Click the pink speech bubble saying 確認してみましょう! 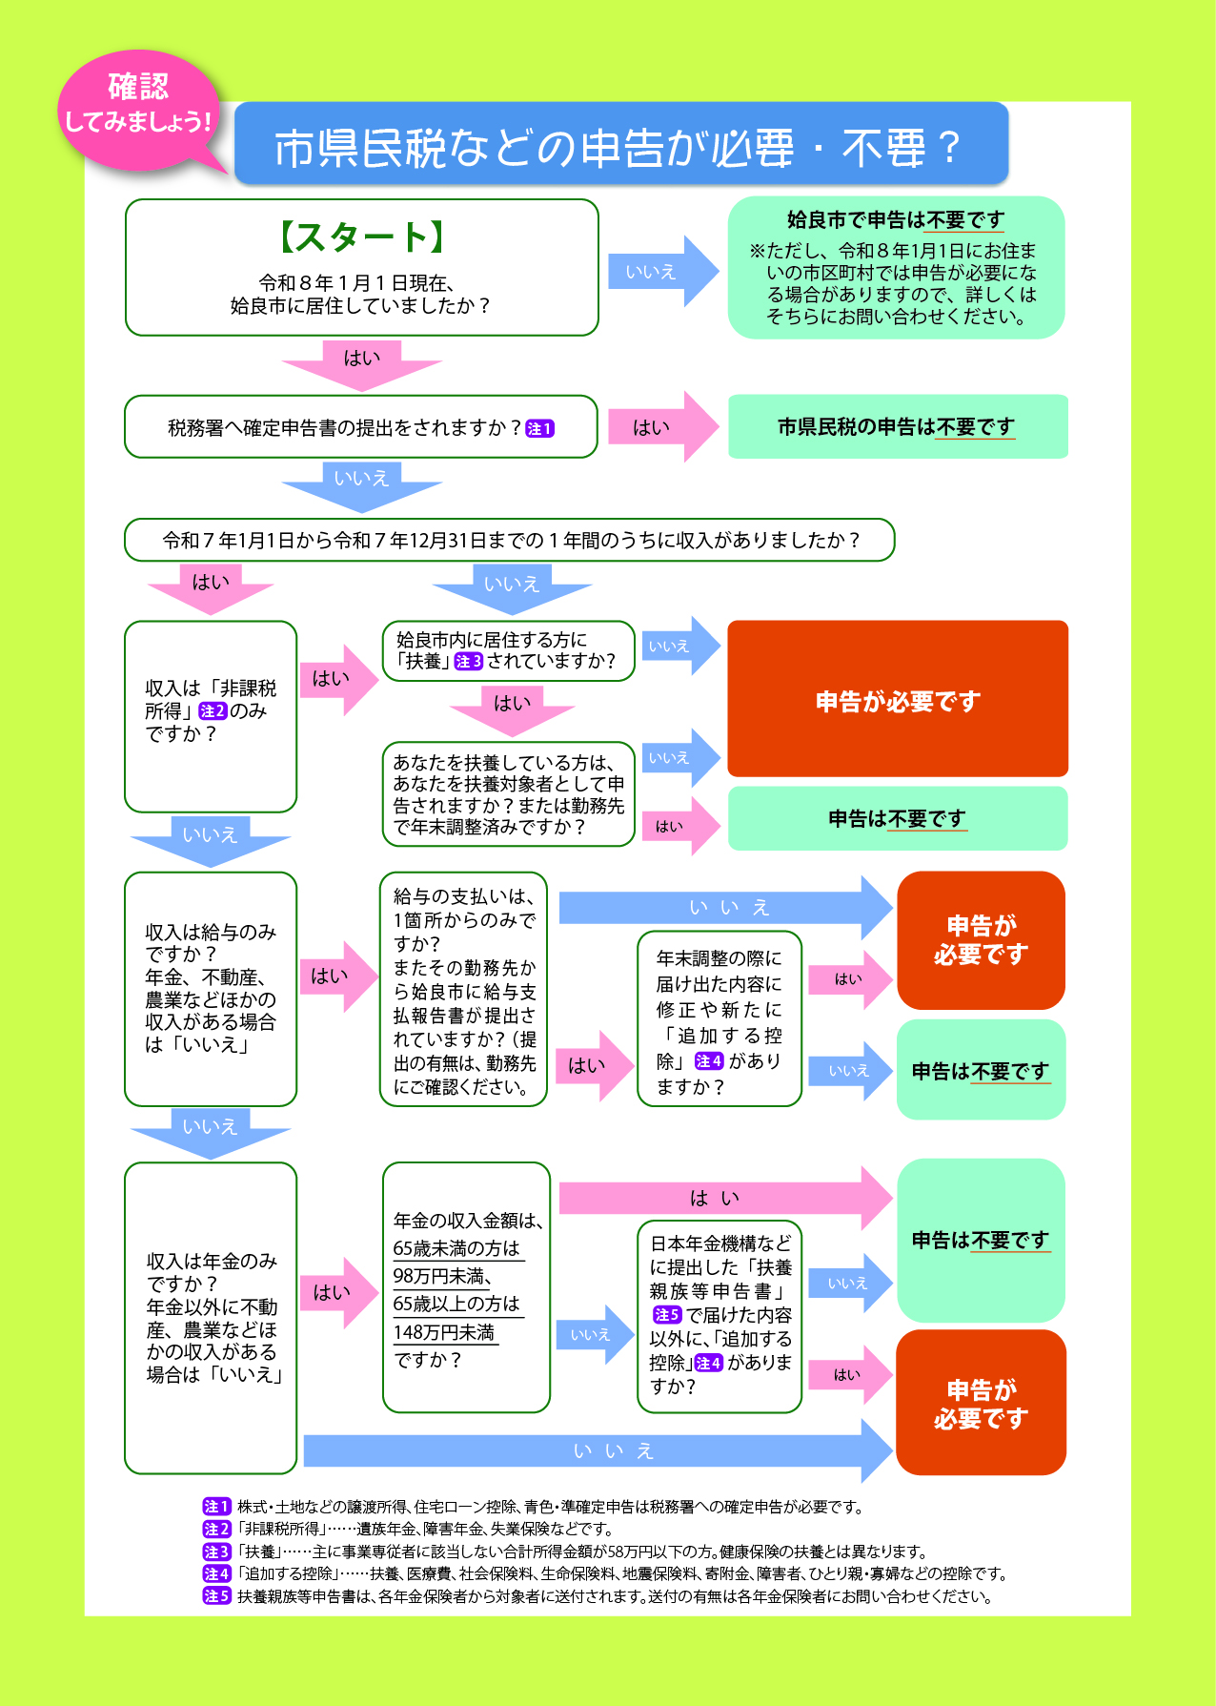point(138,107)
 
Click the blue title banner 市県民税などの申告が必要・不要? point(620,145)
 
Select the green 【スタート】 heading point(361,237)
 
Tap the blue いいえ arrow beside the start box point(660,272)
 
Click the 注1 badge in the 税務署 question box point(539,429)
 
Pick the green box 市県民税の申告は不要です point(897,427)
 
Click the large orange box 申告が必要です point(897,699)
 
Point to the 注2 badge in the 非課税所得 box point(213,711)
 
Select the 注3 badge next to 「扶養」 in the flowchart point(469,662)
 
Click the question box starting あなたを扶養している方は point(508,794)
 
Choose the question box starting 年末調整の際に point(719,1019)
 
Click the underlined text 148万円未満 point(444,1332)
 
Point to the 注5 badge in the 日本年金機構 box point(666,1315)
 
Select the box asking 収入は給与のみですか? point(211,988)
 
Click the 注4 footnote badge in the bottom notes point(216,1573)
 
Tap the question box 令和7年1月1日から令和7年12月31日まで point(509,541)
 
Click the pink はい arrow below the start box point(361,362)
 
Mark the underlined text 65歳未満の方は point(456,1248)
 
